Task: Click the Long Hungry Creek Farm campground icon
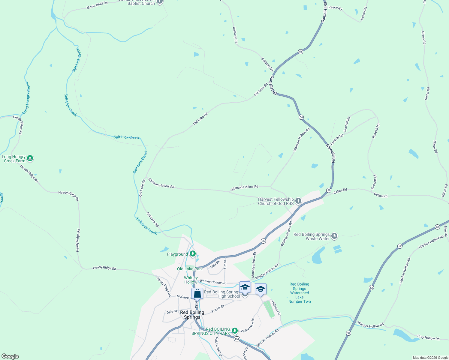[x=30, y=158]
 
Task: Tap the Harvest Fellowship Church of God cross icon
[x=298, y=201]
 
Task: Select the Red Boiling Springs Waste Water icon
[x=334, y=236]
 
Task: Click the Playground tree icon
[x=192, y=254]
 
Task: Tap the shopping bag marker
[x=197, y=293]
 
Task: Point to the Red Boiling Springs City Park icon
[x=235, y=331]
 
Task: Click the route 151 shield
[x=237, y=339]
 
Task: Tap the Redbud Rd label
[x=337, y=139]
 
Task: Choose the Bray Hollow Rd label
[x=428, y=337]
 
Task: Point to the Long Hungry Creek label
[x=27, y=98]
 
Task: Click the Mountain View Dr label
[x=253, y=264]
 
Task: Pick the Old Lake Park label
[x=190, y=269]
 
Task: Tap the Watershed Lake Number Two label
[x=300, y=293]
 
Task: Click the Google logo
[x=10, y=356]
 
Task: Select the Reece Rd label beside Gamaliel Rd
[x=335, y=7]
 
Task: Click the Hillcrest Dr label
[x=276, y=308]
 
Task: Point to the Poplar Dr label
[x=218, y=309]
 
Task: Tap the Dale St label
[x=172, y=312]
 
